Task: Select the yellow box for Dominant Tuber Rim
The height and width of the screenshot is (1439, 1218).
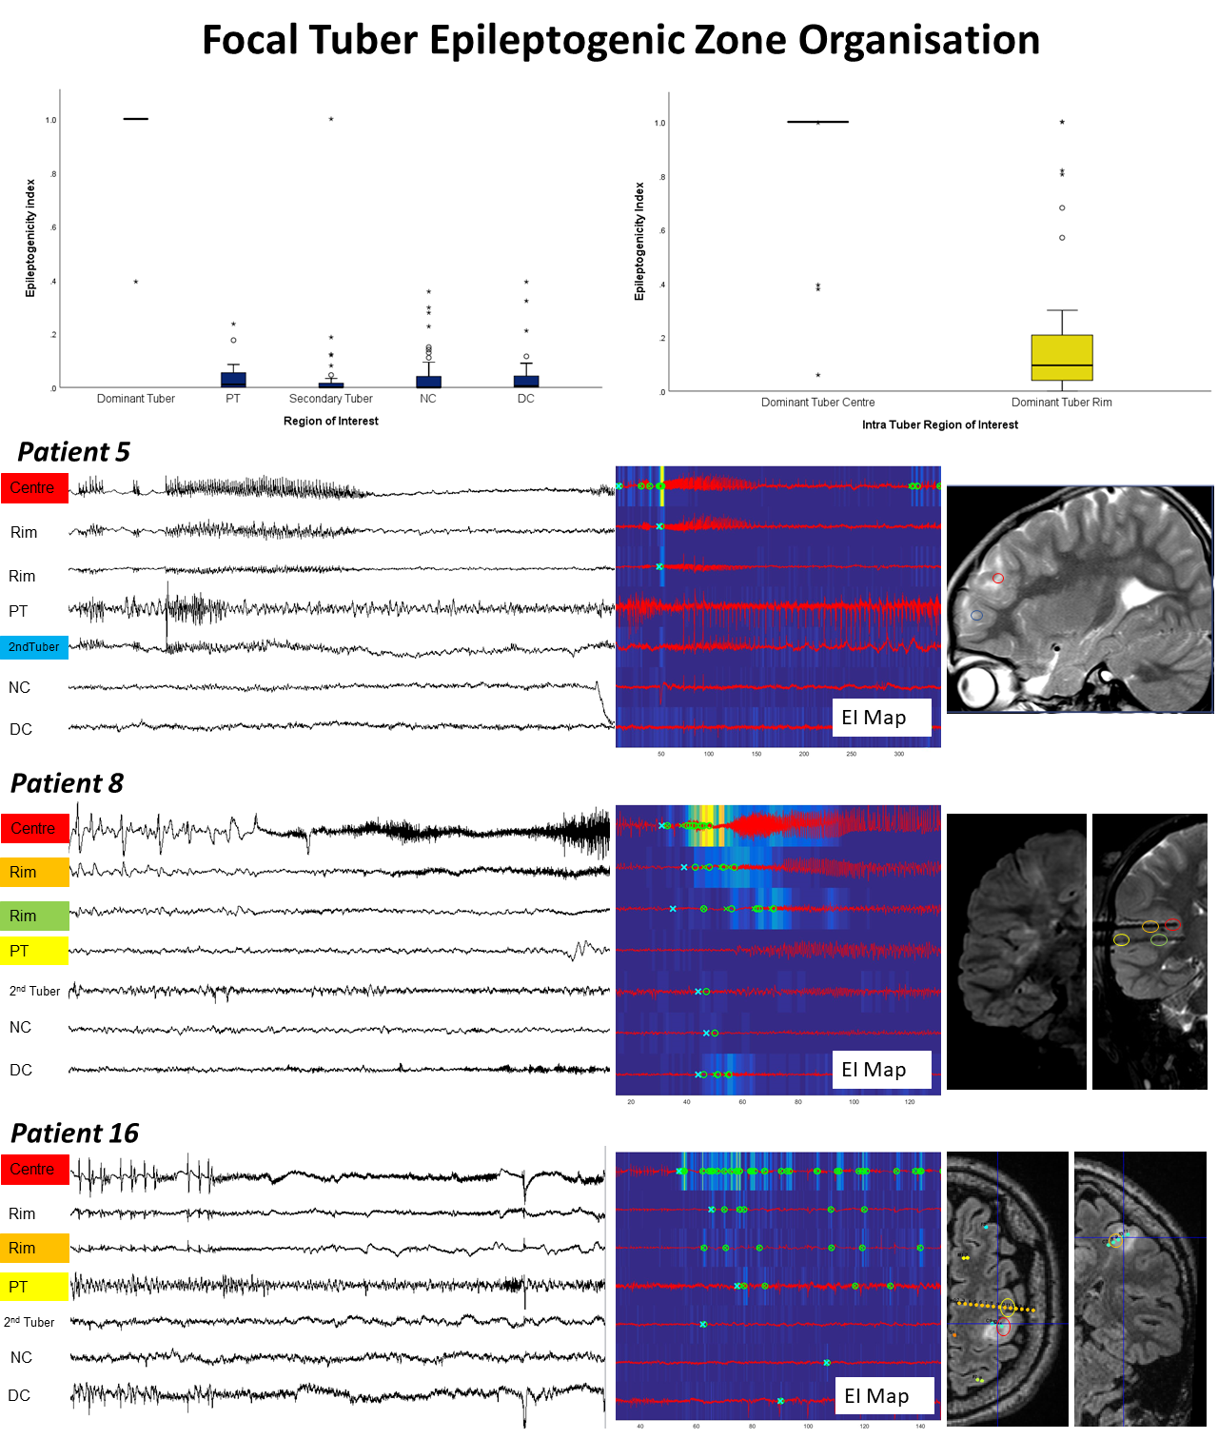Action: coord(1062,358)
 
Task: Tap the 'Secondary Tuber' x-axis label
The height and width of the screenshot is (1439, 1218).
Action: coord(330,399)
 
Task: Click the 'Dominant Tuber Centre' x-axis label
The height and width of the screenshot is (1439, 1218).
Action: coord(817,403)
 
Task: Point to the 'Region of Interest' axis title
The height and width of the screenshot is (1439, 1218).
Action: coord(330,421)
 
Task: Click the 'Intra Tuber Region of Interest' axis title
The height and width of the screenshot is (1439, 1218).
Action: coord(939,424)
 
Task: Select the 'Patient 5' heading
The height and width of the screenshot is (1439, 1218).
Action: coord(73,452)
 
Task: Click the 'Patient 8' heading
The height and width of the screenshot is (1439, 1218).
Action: coord(67,783)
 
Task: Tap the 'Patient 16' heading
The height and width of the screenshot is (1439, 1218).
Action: coord(74,1133)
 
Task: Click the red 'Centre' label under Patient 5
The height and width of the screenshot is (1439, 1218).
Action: coord(34,488)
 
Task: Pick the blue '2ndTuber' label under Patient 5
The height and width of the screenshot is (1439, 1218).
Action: coord(34,647)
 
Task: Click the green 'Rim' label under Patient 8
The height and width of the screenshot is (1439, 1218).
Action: coord(34,916)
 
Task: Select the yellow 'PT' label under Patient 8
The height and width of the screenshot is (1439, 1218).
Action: coord(34,951)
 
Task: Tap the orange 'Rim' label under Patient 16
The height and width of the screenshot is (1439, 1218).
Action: coord(34,1248)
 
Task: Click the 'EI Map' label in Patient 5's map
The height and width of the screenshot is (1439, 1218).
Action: coord(874,718)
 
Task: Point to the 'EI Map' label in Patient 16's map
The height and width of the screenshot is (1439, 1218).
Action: coord(876,1396)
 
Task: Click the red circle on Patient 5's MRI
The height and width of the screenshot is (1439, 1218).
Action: coord(997,578)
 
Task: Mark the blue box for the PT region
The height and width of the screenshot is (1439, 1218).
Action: coord(233,380)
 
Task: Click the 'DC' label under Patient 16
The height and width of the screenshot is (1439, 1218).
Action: coord(19,1395)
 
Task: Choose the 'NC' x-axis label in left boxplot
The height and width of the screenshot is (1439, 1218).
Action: coord(428,399)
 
